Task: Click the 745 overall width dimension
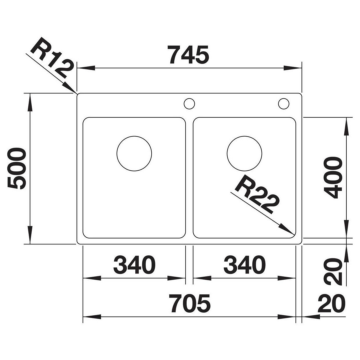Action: coord(188,55)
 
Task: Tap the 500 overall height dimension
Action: coord(16,169)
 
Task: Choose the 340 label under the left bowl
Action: coord(134,265)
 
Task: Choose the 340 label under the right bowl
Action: coord(245,265)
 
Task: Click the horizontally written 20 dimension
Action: coord(332,304)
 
